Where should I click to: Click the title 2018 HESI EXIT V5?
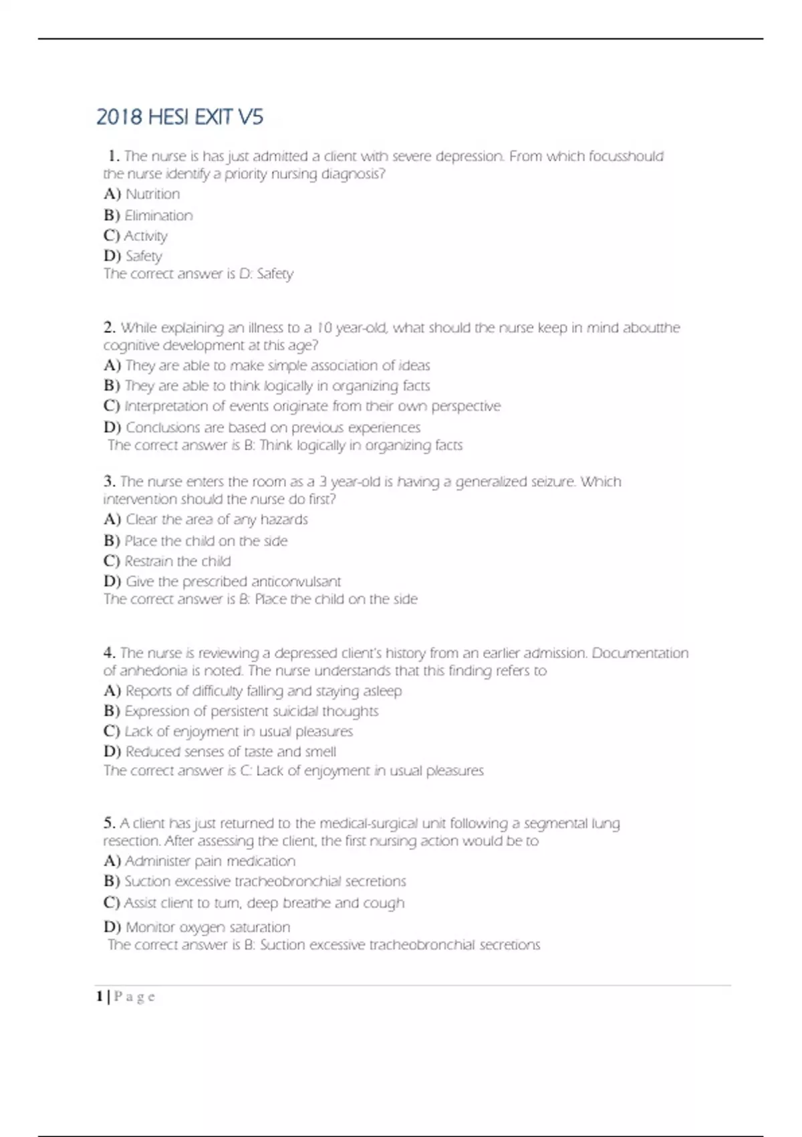click(x=180, y=117)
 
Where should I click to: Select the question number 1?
click(x=113, y=157)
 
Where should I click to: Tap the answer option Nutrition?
click(x=152, y=195)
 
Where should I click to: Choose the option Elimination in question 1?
click(x=158, y=215)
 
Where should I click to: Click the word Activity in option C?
click(x=146, y=236)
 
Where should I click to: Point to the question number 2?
click(x=110, y=328)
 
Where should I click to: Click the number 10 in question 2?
click(x=323, y=328)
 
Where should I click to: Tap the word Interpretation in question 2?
click(x=166, y=406)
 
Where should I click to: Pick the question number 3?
click(x=110, y=482)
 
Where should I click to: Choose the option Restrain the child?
click(x=177, y=561)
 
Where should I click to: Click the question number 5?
click(x=110, y=823)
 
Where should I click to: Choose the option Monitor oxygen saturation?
click(x=208, y=928)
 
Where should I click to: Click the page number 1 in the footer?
click(x=100, y=997)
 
